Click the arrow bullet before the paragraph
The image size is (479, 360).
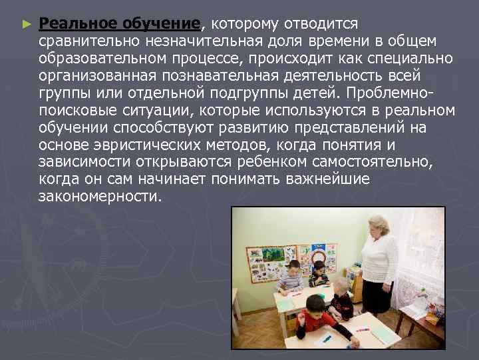[26, 24]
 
